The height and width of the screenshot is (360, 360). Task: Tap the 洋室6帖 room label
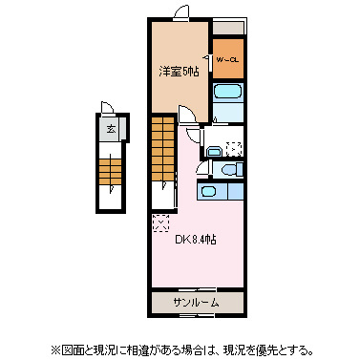coord(179,71)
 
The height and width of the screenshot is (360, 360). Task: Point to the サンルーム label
coord(195,303)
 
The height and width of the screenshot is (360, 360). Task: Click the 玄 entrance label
coord(111,128)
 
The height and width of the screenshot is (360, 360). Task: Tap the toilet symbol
coord(230,169)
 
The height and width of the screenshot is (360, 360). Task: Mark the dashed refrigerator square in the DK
coord(160,222)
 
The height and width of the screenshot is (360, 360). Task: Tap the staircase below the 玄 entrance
coord(111,171)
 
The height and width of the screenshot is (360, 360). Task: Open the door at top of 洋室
coord(175,12)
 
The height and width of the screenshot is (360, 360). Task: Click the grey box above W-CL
coord(227,28)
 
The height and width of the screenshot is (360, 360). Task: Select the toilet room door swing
coord(201,168)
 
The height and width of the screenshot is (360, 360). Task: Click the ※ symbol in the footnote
coord(55,349)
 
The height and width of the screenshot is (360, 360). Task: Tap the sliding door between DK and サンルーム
coord(195,289)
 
